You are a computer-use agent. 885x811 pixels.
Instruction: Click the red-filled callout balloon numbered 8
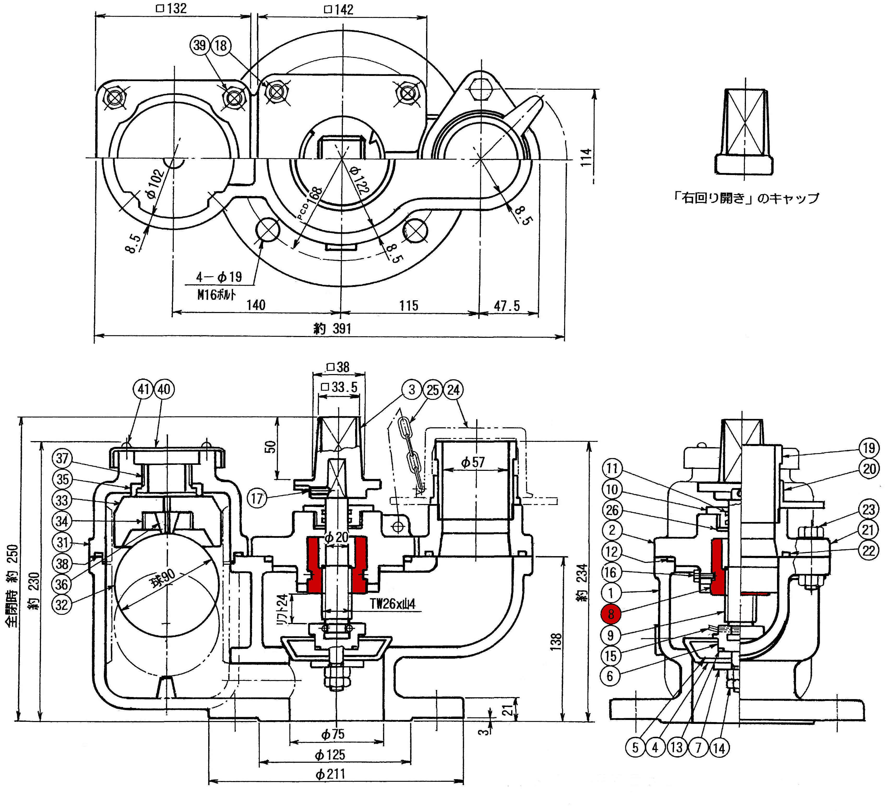point(611,614)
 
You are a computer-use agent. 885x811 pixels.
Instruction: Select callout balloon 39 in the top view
point(200,45)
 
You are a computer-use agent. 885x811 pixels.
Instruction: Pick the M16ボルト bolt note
point(216,295)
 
